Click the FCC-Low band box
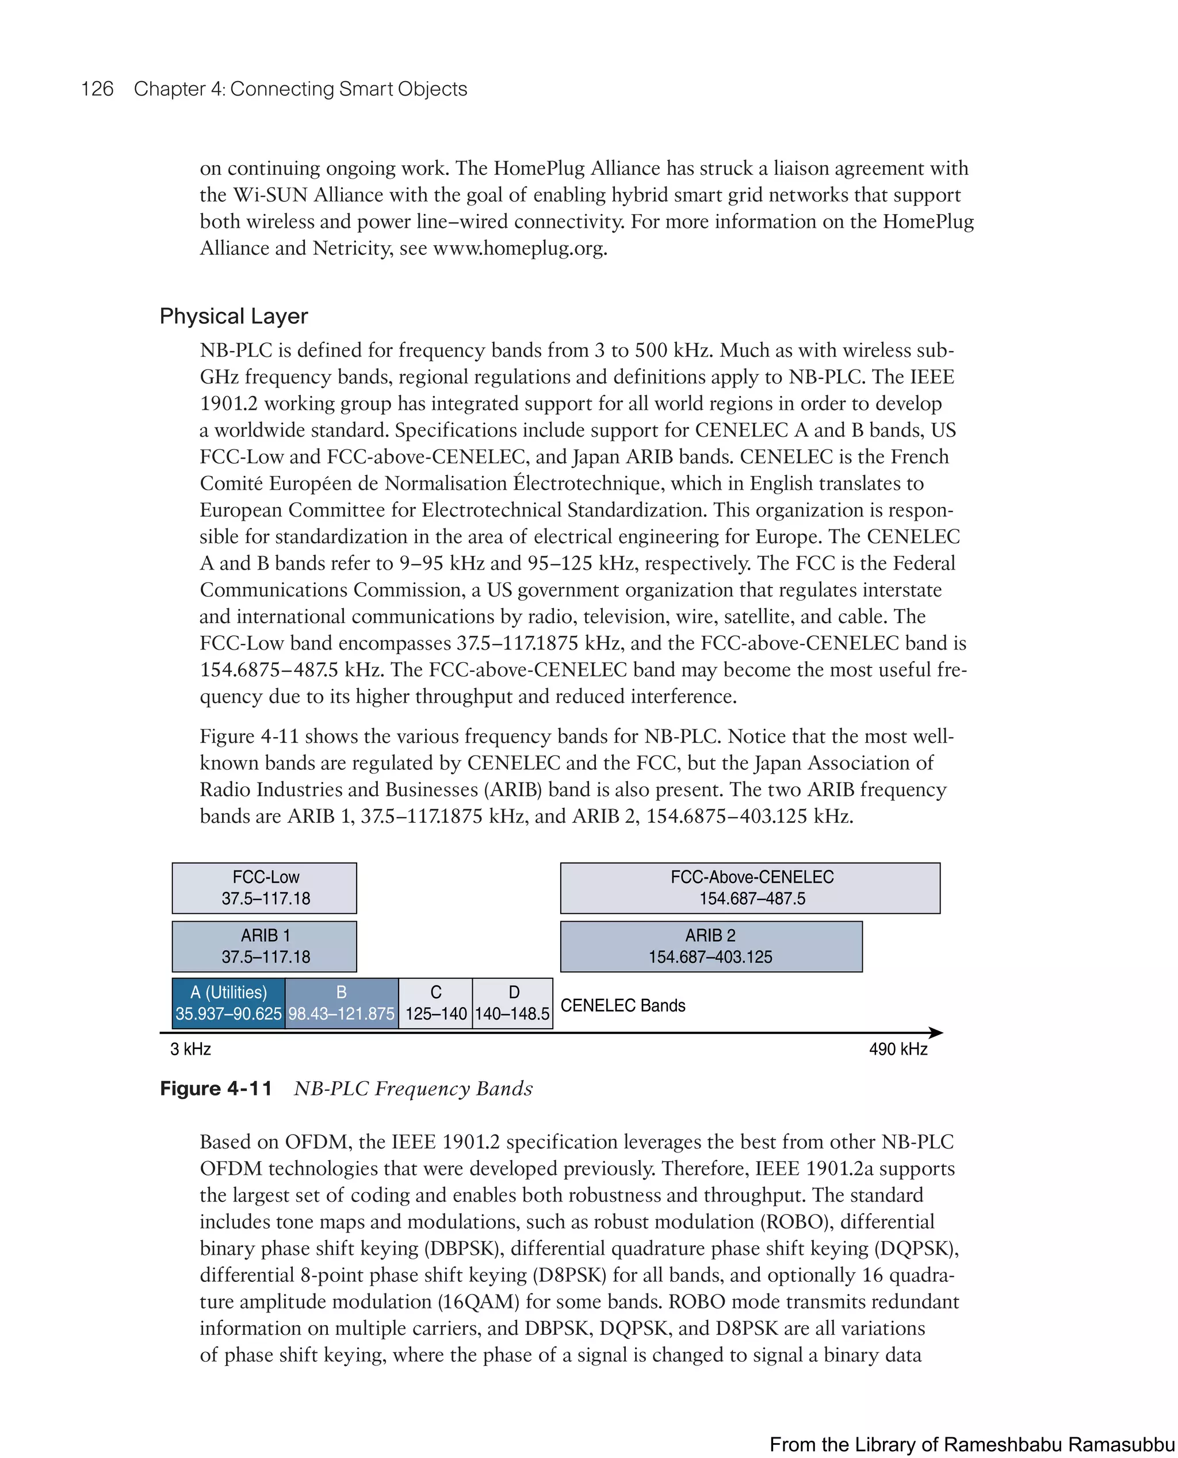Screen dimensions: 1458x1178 click(x=264, y=888)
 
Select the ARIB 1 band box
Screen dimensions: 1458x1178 click(x=264, y=946)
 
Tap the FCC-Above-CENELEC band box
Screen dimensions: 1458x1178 click(x=750, y=888)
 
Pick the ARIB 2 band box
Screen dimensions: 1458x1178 click(x=710, y=946)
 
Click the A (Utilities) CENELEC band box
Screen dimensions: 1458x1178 click(x=229, y=1003)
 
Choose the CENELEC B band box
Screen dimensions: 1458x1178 click(x=341, y=1003)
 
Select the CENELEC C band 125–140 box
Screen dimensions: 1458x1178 click(x=435, y=1003)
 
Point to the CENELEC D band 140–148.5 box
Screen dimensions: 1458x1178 click(x=512, y=1003)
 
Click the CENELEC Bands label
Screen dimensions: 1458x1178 click(x=622, y=1005)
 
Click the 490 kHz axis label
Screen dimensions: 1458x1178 click(x=898, y=1049)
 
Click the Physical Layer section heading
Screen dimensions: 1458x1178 click(x=234, y=316)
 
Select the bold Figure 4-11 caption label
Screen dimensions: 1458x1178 click(x=216, y=1089)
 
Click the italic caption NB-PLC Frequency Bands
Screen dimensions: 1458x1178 click(x=412, y=1089)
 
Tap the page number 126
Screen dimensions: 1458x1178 click(x=97, y=89)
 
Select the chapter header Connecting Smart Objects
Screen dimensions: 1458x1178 click(x=348, y=89)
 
